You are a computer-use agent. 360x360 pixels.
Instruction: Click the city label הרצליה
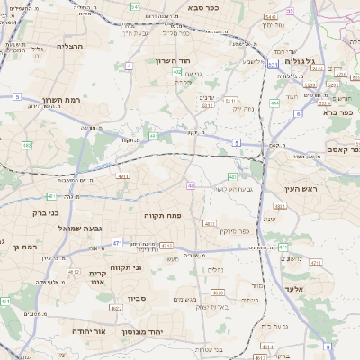(69, 46)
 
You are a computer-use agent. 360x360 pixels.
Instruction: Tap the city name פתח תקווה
(164, 216)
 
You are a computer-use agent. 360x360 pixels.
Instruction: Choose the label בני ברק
(40, 214)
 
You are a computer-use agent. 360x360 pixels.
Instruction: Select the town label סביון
(137, 297)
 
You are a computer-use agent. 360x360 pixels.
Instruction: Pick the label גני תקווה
(126, 267)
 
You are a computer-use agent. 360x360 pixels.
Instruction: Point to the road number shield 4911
(123, 176)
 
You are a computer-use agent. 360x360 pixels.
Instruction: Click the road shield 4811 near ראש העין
(280, 206)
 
